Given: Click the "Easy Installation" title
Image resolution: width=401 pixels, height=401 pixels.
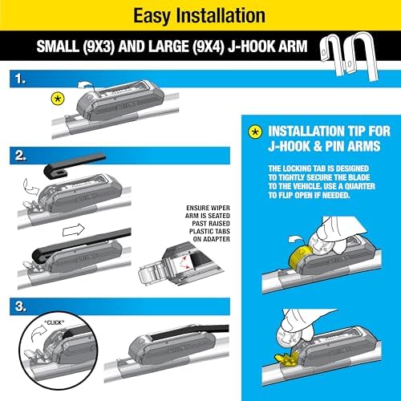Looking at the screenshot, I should point(200,14).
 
